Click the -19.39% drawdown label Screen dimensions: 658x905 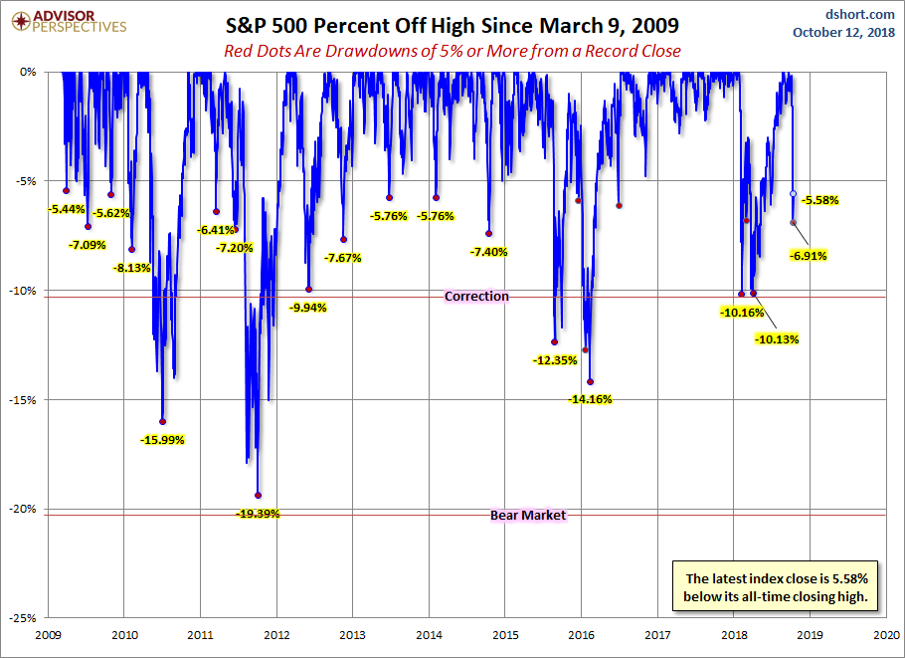pos(259,514)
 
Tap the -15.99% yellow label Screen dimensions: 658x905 pos(163,439)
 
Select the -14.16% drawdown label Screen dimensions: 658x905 pos(590,399)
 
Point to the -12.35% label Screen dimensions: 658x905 pos(554,360)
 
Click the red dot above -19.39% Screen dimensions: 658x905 pos(259,495)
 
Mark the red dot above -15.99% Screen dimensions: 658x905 pos(163,421)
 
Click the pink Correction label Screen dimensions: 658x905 pos(476,296)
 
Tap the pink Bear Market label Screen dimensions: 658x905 pos(528,515)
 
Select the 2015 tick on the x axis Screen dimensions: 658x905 pos(505,633)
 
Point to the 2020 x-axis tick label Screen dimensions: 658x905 pos(886,633)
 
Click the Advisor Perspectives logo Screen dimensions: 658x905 pos(67,22)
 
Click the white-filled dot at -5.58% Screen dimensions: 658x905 pos(793,193)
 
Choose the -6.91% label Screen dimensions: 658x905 pos(807,256)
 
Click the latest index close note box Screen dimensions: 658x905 pos(777,587)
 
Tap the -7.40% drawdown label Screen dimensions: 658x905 pos(487,252)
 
